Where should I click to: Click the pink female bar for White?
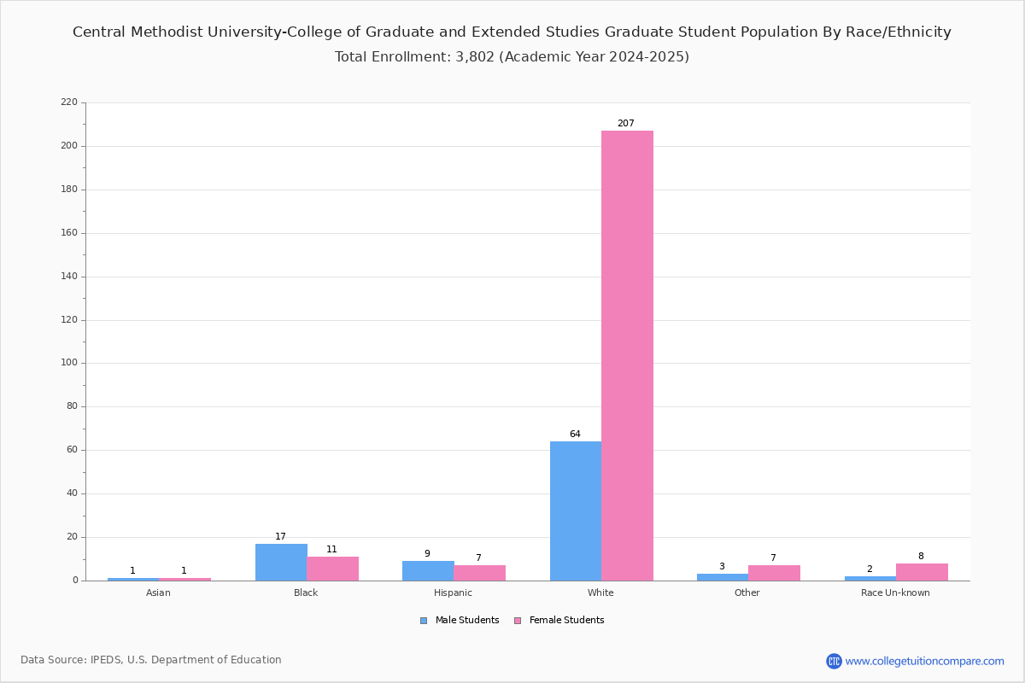pyautogui.click(x=627, y=355)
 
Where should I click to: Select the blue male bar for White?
pyautogui.click(x=576, y=511)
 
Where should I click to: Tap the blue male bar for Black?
pyautogui.click(x=281, y=562)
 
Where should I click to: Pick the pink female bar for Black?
pyautogui.click(x=333, y=569)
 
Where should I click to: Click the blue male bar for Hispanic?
pyautogui.click(x=428, y=570)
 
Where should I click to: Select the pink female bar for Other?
pyautogui.click(x=774, y=573)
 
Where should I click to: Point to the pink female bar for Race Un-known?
pyautogui.click(x=922, y=572)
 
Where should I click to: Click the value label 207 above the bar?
pyautogui.click(x=626, y=124)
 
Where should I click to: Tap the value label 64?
pyautogui.click(x=575, y=435)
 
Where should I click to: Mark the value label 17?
pyautogui.click(x=280, y=537)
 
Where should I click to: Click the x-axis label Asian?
pyautogui.click(x=158, y=593)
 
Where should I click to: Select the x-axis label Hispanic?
pyautogui.click(x=453, y=593)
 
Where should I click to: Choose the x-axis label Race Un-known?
pyautogui.click(x=895, y=593)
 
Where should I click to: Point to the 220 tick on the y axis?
pyautogui.click(x=68, y=102)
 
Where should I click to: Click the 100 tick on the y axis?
pyautogui.click(x=68, y=363)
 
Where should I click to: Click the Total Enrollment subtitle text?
pyautogui.click(x=512, y=57)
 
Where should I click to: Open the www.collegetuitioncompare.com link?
pyautogui.click(x=924, y=661)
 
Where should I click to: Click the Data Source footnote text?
pyautogui.click(x=151, y=660)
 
